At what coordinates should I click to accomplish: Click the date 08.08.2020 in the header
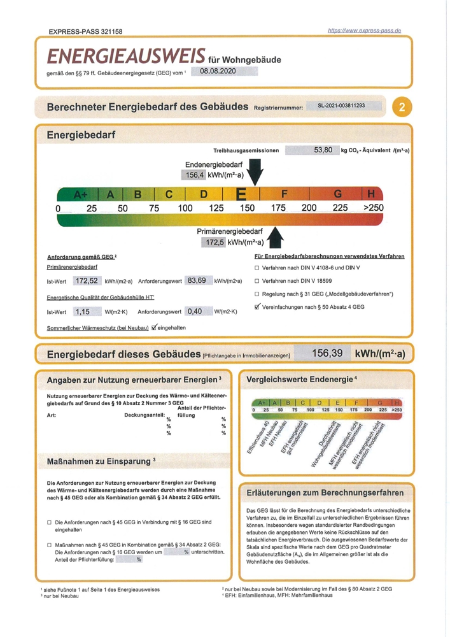tap(218, 71)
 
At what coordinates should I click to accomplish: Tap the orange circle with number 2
tap(401, 107)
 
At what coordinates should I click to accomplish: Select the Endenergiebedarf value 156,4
tap(195, 175)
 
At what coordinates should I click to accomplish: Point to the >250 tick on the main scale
tap(374, 208)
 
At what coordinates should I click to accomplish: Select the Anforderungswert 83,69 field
tap(197, 281)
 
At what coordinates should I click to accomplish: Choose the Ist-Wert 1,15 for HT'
tap(83, 311)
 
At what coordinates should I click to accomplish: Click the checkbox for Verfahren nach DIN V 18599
tap(257, 281)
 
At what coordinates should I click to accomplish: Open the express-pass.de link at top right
tap(363, 30)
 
